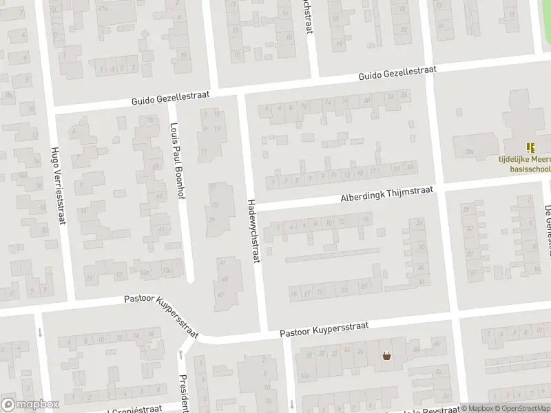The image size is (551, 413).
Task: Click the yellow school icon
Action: (x=530, y=147)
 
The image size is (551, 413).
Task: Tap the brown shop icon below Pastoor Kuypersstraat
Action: (x=387, y=356)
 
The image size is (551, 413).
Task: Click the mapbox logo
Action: (x=30, y=405)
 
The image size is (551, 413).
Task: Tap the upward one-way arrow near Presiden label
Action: (x=181, y=355)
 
